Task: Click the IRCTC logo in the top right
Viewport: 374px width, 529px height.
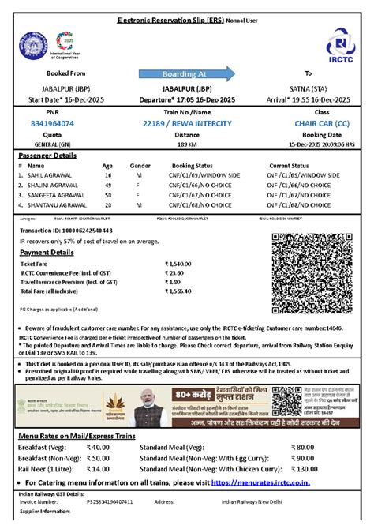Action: tap(340, 46)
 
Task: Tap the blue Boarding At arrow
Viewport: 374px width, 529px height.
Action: tap(189, 74)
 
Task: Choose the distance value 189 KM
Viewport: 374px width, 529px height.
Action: tap(186, 145)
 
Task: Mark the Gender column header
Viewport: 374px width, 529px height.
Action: tap(140, 167)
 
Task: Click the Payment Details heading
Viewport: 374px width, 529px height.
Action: tap(47, 252)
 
